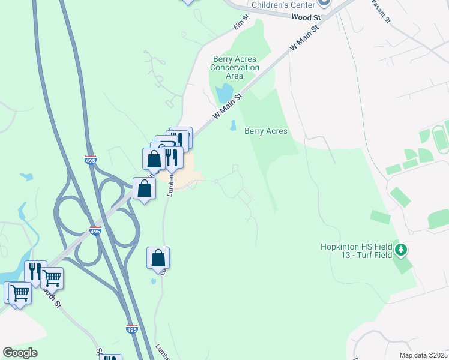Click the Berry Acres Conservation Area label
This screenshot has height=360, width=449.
point(234,67)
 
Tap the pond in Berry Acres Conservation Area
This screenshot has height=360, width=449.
point(224,94)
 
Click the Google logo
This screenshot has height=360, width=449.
point(20,352)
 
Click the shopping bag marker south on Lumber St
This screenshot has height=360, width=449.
point(158,258)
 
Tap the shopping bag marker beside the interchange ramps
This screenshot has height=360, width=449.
point(145,188)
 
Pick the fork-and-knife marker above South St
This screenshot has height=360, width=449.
point(35,272)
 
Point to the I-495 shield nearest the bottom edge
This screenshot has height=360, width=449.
point(132,329)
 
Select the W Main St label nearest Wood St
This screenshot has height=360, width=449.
point(303,37)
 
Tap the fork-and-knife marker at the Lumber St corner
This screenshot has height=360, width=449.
point(173,157)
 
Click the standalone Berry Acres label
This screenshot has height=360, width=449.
point(266,131)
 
